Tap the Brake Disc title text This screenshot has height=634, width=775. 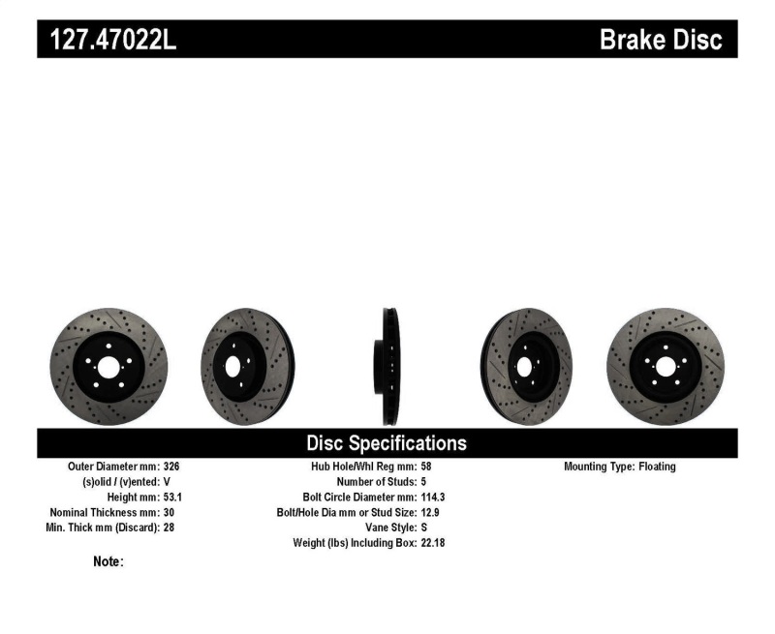click(661, 40)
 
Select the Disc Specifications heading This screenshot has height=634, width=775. click(387, 443)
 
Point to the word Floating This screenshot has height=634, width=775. click(657, 467)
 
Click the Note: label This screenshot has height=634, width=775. click(108, 561)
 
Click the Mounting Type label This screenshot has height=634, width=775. click(599, 467)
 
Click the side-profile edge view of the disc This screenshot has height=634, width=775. click(387, 366)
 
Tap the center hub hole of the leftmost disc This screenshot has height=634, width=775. click(108, 367)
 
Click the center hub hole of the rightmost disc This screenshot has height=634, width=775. click(665, 367)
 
